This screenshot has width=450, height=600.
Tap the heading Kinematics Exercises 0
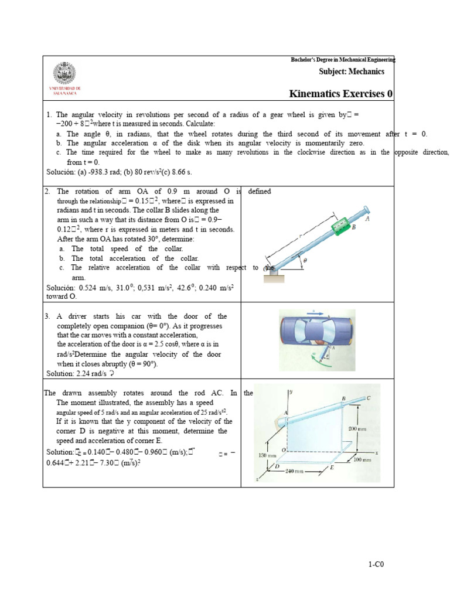pyautogui.click(x=341, y=94)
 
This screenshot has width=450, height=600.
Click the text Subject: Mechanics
pyautogui.click(x=352, y=71)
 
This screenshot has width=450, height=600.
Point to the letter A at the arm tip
pyautogui.click(x=367, y=219)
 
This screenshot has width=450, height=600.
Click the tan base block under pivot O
pyautogui.click(x=273, y=277)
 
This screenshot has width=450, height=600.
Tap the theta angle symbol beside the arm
pyautogui.click(x=305, y=260)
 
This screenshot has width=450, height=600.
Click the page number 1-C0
pyautogui.click(x=376, y=564)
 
